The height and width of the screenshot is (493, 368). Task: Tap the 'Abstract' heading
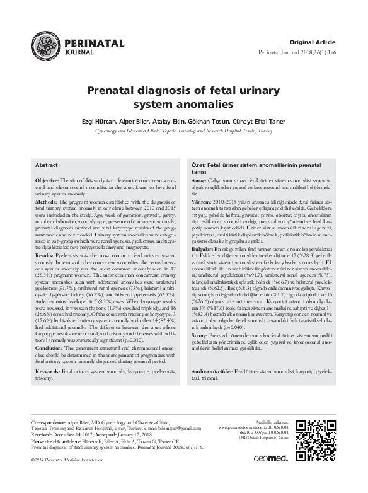tap(47, 165)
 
